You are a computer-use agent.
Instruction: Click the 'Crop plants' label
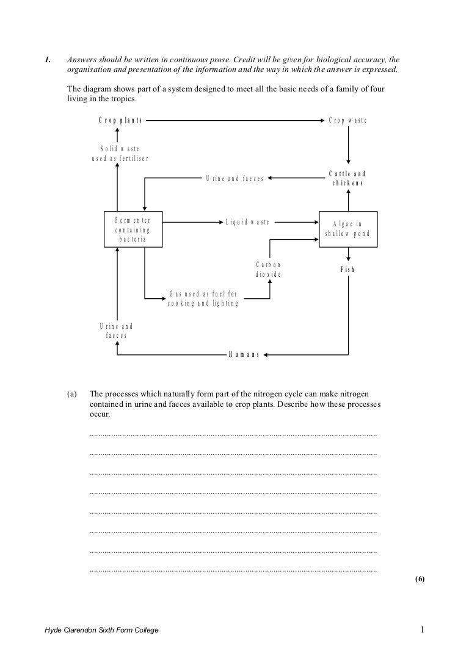[x=120, y=120]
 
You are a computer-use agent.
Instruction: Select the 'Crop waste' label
[x=348, y=120]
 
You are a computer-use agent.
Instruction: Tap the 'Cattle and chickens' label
[x=347, y=179]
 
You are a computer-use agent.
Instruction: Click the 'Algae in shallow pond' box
[x=347, y=229]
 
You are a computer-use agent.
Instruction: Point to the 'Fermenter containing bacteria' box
[x=133, y=229]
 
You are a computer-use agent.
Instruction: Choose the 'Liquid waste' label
[x=247, y=223]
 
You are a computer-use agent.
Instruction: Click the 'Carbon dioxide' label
[x=268, y=270]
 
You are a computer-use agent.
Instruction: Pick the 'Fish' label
[x=347, y=270]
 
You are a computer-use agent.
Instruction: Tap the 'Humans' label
[x=244, y=354]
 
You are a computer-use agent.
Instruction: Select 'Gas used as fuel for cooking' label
[x=203, y=299]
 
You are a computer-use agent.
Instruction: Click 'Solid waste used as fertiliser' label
[x=120, y=154]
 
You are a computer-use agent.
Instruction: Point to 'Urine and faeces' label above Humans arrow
[x=116, y=331]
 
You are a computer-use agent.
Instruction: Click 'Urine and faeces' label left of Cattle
[x=234, y=179]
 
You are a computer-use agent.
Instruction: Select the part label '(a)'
[x=72, y=395]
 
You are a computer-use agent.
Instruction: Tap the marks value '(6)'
[x=419, y=579]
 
